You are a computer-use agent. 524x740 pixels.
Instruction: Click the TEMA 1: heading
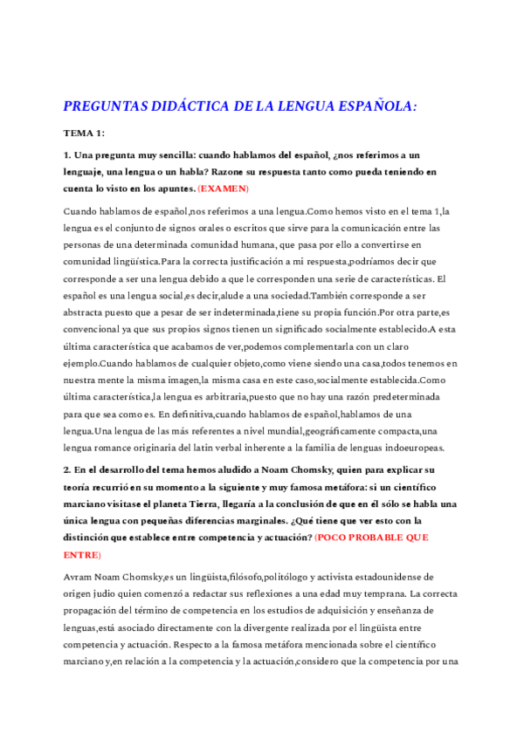(x=85, y=133)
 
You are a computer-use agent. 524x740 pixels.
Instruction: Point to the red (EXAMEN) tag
(x=223, y=188)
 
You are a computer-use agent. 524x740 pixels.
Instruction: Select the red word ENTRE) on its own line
(x=82, y=530)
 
